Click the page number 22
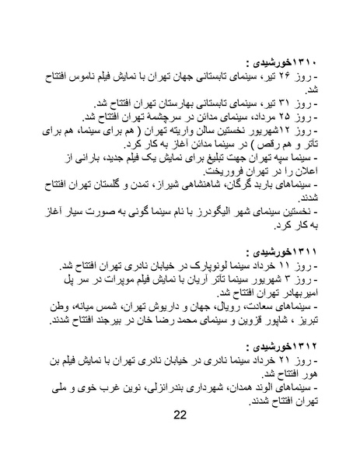click(x=179, y=414)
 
